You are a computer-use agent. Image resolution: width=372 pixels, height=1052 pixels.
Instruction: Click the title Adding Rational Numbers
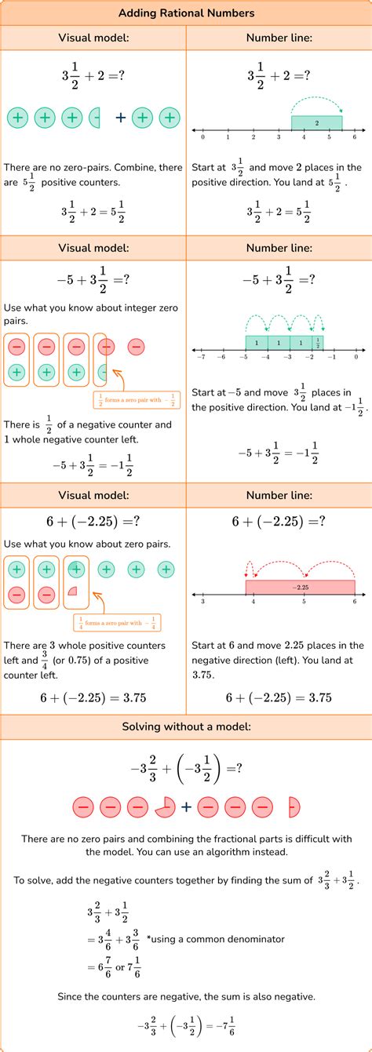186,13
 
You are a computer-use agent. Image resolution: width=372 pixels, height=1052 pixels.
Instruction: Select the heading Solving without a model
186,727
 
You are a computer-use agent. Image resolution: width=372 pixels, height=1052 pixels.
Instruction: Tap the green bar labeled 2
316,123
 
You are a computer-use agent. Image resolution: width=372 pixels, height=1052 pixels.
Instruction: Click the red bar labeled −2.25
301,586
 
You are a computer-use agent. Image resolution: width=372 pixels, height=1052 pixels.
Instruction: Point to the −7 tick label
202,356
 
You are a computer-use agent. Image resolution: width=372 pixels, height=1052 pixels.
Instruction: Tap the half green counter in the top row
96,118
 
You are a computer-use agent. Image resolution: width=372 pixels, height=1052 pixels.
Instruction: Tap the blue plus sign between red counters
186,806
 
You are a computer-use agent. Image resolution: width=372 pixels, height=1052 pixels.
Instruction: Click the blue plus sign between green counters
120,118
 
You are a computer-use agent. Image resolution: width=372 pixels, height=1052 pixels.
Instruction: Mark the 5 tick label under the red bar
304,601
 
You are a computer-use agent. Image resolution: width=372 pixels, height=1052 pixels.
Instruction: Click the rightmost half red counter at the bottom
294,806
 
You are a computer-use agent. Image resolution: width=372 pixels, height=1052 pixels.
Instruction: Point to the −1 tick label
332,356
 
